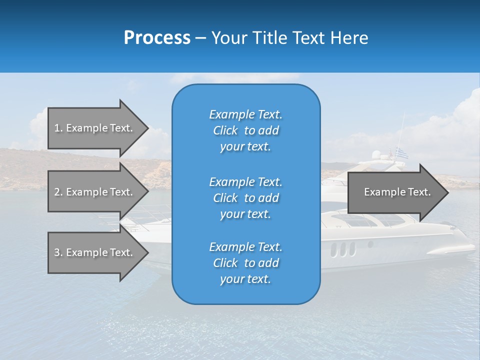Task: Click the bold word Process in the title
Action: (x=157, y=38)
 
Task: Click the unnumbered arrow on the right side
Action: (x=397, y=192)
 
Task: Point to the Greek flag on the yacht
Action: (x=401, y=153)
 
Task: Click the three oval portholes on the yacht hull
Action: (x=343, y=248)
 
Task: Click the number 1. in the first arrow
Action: (x=58, y=128)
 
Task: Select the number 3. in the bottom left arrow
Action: (x=58, y=252)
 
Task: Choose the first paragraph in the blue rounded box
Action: (x=245, y=130)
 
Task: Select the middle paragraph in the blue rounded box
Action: (x=245, y=198)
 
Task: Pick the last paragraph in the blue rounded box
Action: (x=245, y=263)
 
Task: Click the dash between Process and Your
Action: (x=200, y=38)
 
